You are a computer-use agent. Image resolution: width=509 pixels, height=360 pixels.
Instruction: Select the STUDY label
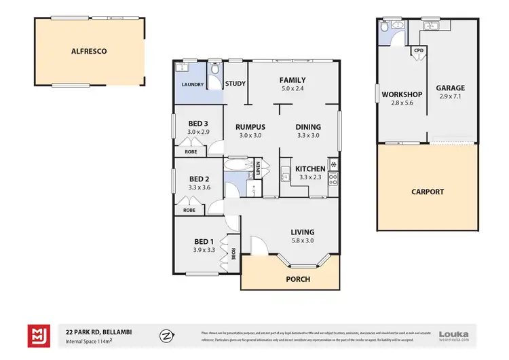[x=235, y=84]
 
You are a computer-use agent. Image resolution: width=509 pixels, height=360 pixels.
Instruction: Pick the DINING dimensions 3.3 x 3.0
[x=308, y=135]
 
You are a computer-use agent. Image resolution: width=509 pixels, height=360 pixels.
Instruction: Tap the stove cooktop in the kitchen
[x=333, y=180]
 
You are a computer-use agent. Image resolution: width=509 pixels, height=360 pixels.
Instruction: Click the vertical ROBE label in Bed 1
[x=233, y=253]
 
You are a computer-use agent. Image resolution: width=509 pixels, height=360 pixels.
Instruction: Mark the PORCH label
[x=297, y=279]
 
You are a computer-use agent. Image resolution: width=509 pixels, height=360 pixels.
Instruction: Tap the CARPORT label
[x=428, y=192]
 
